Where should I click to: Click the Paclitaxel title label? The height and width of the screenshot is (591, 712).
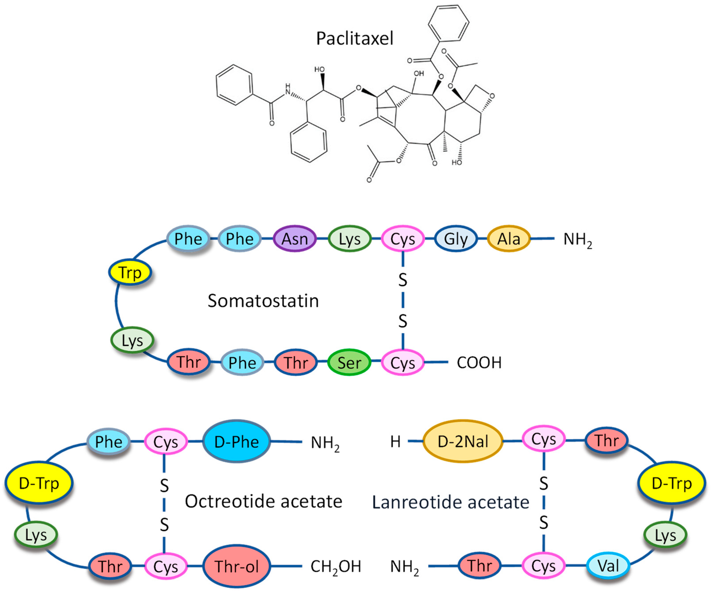point(355,38)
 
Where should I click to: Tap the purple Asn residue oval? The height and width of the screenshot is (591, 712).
point(295,239)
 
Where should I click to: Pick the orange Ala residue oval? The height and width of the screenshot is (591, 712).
point(509,239)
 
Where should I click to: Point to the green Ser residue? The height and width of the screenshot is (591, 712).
point(349,363)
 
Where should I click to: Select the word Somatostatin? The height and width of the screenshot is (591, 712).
point(263,301)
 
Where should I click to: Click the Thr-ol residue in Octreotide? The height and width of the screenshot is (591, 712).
point(237,566)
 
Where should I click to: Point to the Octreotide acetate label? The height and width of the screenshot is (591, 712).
point(263,501)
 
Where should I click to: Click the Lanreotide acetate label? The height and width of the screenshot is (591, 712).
point(451,502)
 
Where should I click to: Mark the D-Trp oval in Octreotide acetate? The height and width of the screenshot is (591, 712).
point(39,483)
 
